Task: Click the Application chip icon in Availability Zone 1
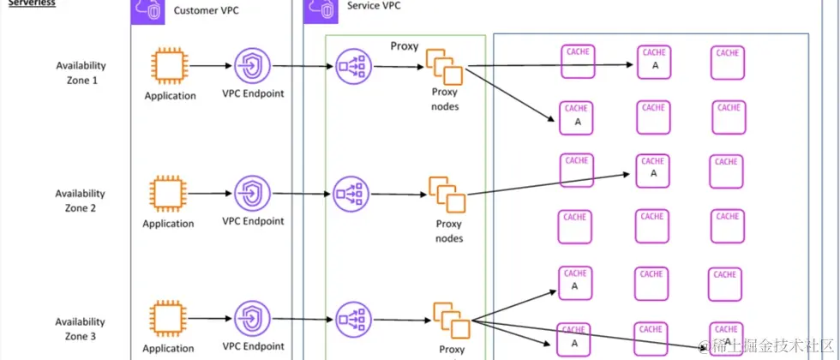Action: point(169,65)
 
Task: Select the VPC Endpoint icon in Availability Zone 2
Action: point(253,194)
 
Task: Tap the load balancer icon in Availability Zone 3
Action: point(352,318)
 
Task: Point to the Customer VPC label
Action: point(207,10)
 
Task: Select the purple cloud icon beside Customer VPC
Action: point(150,10)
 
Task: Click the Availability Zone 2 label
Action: point(81,201)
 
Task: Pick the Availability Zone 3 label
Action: point(81,329)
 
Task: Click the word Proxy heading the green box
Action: point(404,46)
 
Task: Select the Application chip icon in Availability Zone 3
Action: point(167,318)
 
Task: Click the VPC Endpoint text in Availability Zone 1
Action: point(253,94)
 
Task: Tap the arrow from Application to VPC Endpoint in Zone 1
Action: point(211,65)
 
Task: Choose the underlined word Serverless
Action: point(32,3)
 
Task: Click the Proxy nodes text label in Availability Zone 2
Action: point(448,231)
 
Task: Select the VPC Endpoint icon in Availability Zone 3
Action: point(253,318)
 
